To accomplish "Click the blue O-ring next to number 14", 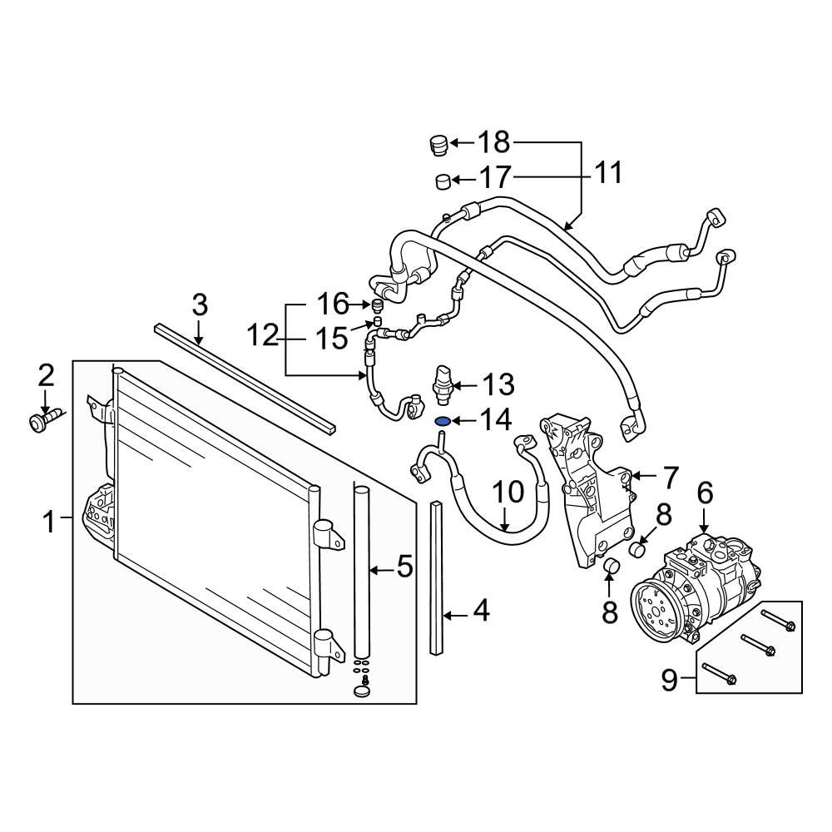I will (443, 421).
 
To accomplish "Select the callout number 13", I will (498, 385).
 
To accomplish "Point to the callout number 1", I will (49, 522).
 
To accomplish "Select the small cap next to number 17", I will (444, 181).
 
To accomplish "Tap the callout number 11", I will (607, 173).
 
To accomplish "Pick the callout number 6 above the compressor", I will (705, 494).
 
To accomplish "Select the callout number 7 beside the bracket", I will (671, 478).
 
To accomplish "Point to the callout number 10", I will (507, 493).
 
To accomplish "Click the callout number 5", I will (404, 569).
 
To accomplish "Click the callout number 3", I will (199, 305).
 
